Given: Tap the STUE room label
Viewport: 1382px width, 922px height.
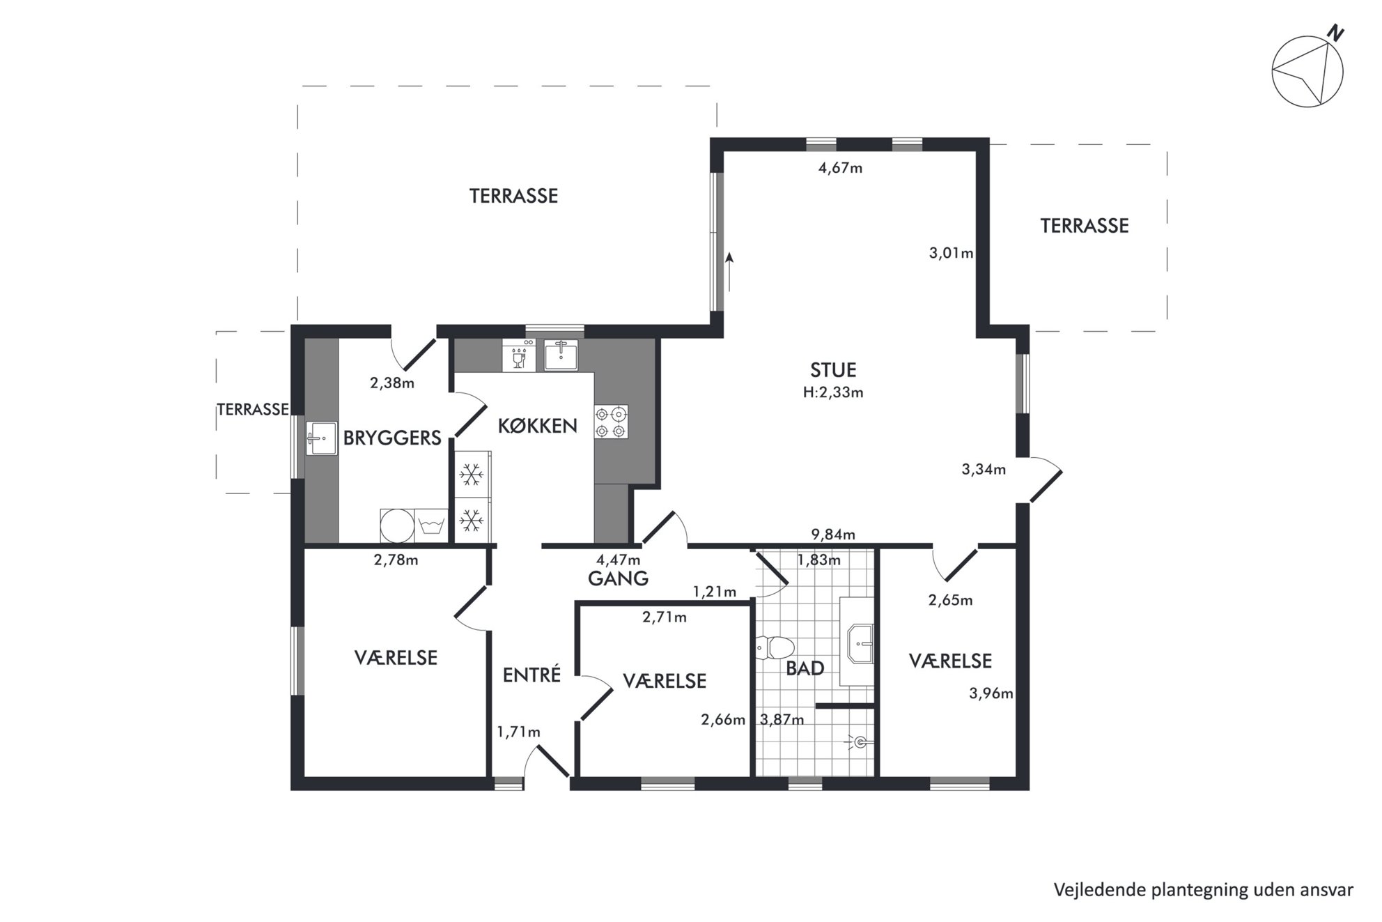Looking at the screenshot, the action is coord(833,370).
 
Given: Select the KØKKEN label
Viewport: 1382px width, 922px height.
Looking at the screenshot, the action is coord(537,426).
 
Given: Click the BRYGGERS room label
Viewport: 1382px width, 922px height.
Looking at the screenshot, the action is coord(392,438).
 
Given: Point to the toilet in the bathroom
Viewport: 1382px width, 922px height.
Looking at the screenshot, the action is coord(775,647).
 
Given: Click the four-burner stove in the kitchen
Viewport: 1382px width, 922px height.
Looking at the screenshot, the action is coord(611,422).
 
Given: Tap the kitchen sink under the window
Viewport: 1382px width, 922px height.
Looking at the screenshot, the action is coord(561,355).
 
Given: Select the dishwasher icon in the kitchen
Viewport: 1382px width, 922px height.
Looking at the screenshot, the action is coord(519,355).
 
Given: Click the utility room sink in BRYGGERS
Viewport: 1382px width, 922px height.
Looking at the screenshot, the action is coord(321,438).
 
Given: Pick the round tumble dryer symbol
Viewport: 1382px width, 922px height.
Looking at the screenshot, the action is coord(397,525).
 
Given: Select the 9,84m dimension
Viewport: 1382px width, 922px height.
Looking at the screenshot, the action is coord(833,535).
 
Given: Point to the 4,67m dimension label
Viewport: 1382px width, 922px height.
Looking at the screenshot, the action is coord(840,168).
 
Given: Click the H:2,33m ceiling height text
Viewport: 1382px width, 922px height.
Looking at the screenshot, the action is coord(833,392).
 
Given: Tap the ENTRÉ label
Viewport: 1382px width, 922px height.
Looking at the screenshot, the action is coord(531,675).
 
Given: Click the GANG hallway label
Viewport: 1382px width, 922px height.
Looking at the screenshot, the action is coord(618,578).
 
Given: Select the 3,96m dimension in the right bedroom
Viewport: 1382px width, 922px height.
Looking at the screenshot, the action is coord(991,693).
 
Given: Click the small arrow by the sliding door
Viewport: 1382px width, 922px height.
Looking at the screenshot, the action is coord(729,272).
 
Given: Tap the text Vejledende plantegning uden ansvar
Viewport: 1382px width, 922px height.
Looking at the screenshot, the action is coord(1204,890).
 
